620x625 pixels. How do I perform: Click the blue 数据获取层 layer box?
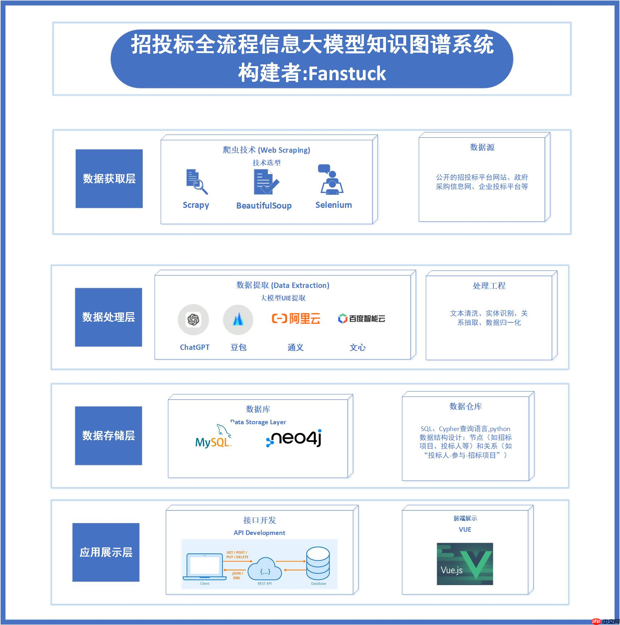click(x=109, y=178)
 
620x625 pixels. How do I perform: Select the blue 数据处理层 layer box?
click(x=108, y=317)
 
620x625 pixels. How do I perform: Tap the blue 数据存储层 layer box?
click(x=108, y=435)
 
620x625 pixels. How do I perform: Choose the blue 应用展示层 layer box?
click(x=106, y=552)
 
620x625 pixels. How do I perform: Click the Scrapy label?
click(x=196, y=205)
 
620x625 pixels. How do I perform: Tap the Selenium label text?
click(x=333, y=205)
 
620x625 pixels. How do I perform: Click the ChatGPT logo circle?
click(x=193, y=319)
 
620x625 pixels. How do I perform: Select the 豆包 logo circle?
click(x=238, y=319)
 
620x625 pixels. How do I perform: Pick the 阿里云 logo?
click(x=296, y=318)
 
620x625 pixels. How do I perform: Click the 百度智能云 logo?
click(x=361, y=319)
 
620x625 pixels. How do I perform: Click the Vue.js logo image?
click(x=465, y=564)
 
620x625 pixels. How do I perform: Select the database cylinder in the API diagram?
click(x=318, y=563)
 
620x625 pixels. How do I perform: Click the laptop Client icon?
click(x=205, y=567)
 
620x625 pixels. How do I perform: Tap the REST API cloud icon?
click(x=265, y=568)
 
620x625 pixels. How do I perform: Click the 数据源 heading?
click(x=482, y=147)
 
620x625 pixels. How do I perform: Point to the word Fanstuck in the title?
click(x=347, y=74)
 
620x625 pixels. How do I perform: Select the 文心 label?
click(x=357, y=347)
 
